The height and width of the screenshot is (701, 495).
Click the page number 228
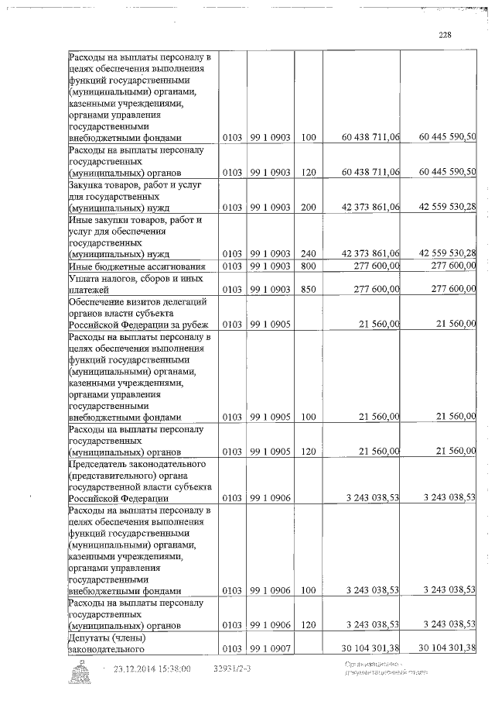click(x=444, y=35)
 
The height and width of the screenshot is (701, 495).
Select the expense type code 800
click(x=309, y=266)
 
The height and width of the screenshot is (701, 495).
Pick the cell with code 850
click(x=309, y=289)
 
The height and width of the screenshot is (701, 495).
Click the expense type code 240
click(x=309, y=253)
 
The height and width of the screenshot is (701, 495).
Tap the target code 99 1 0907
click(x=270, y=648)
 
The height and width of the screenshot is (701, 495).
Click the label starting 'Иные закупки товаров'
click(x=125, y=236)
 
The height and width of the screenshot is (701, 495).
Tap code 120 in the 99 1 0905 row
click(x=309, y=451)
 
